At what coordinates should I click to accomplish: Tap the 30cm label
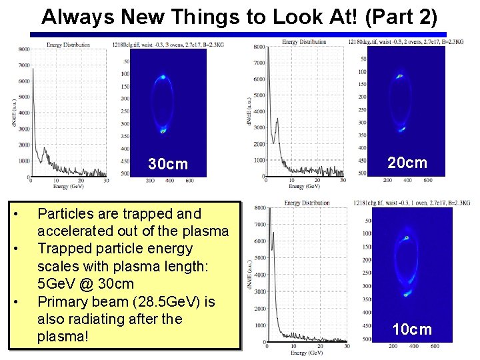[x=168, y=164]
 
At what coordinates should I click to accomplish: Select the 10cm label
[x=412, y=329]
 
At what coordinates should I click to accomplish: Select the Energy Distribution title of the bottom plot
[x=307, y=203]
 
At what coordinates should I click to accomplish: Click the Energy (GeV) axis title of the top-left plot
[x=69, y=186]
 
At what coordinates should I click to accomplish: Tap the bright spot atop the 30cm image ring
[x=163, y=77]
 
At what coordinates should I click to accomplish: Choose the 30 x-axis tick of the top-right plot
[x=343, y=179]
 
